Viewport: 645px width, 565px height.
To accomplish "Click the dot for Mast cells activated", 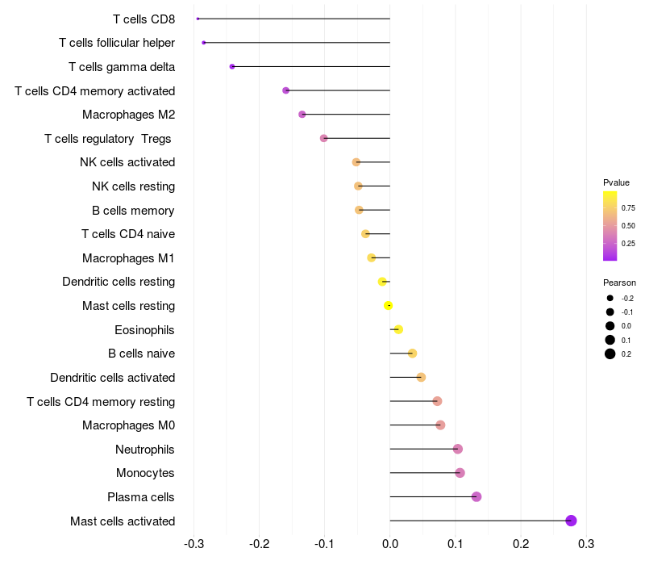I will coord(572,521).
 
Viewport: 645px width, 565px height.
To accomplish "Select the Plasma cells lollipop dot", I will coord(476,496).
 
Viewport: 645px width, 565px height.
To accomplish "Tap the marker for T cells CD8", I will coord(198,19).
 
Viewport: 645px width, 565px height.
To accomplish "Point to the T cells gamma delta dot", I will coord(232,66).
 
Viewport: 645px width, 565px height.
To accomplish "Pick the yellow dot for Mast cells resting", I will coord(389,305).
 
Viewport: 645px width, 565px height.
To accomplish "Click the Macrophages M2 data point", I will coord(302,115).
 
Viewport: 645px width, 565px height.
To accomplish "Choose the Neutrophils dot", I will coord(458,449).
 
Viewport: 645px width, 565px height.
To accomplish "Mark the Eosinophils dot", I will coord(398,329).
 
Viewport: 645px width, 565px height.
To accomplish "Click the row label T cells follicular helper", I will coord(117,43).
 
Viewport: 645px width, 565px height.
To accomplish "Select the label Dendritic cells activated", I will coord(113,378).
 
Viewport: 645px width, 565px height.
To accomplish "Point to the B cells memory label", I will coord(133,211).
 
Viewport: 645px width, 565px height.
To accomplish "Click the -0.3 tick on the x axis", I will coord(193,544).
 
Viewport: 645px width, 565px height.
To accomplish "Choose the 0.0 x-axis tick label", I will coord(390,544).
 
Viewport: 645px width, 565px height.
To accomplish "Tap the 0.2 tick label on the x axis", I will coord(521,544).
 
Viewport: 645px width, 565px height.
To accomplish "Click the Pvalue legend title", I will coord(616,182).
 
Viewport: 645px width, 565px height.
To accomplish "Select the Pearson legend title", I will coord(619,282).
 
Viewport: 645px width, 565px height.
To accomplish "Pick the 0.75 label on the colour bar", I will coord(628,207).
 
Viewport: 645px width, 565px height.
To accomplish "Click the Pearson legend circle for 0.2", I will coord(610,354).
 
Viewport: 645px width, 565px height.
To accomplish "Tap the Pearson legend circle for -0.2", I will coord(610,299).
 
